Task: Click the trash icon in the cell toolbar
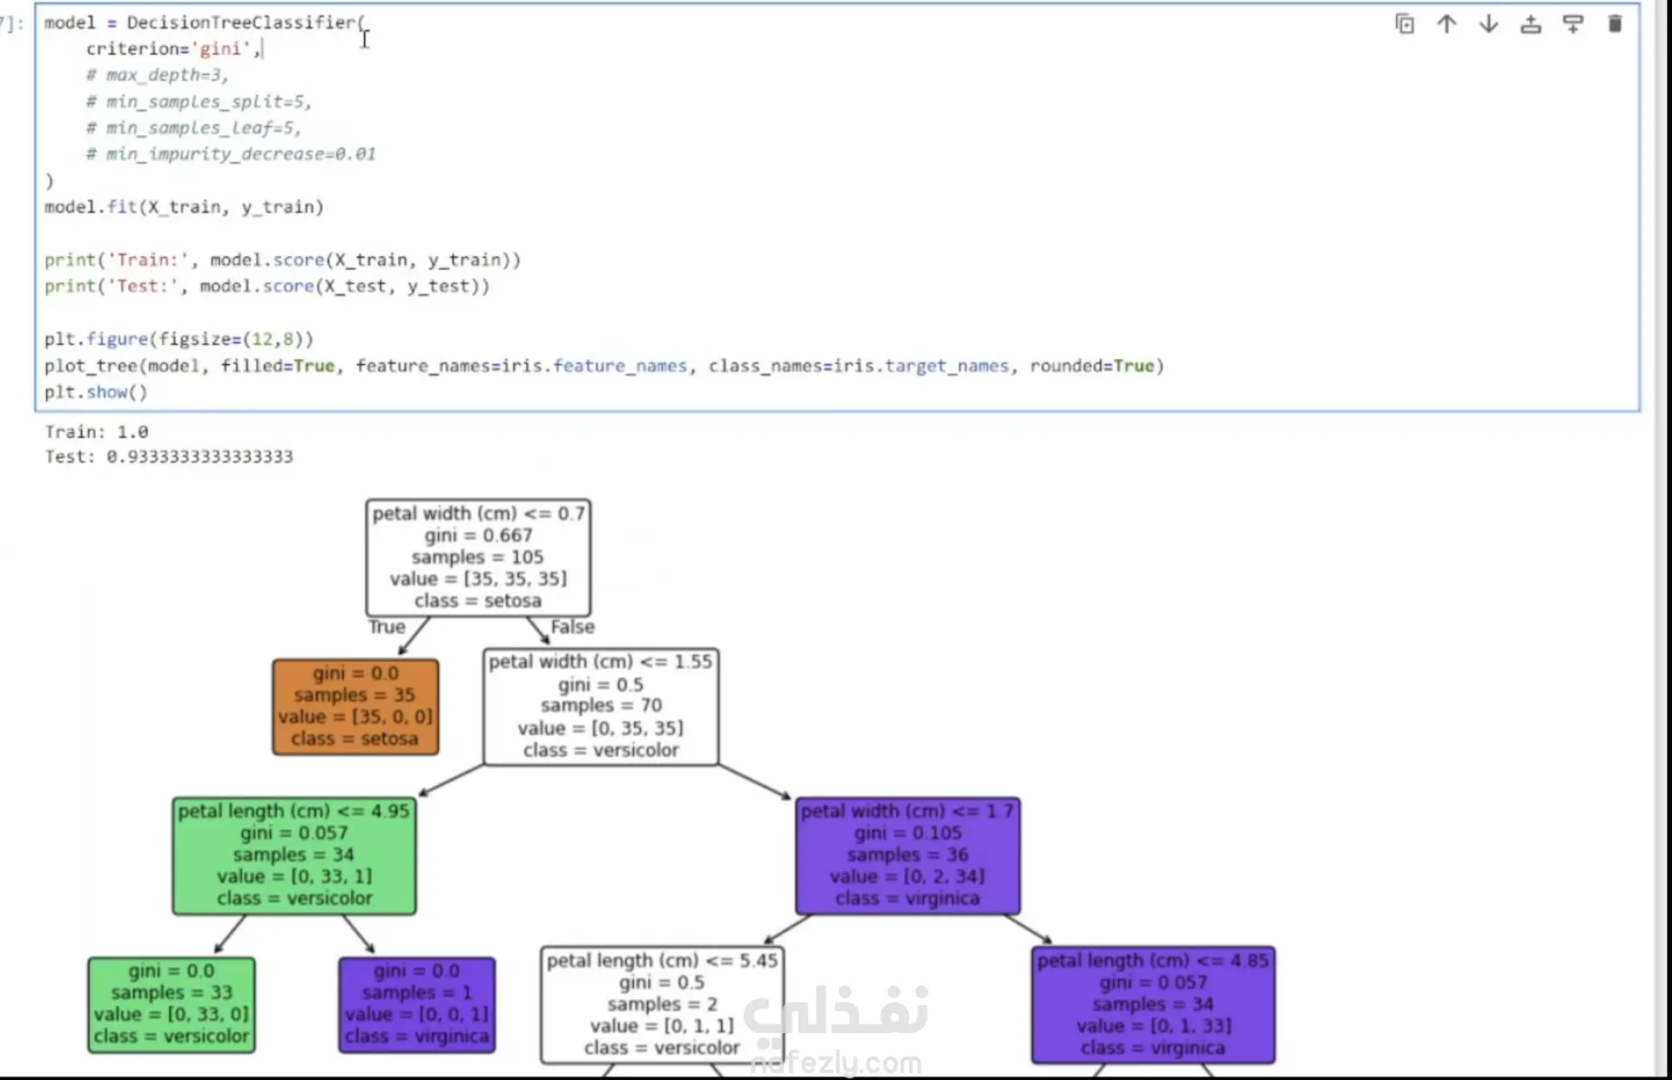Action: tap(1615, 24)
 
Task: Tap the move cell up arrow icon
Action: tap(1446, 24)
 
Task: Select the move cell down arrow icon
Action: tap(1488, 24)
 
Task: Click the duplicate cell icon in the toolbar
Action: tap(1405, 24)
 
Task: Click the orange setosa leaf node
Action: tap(355, 706)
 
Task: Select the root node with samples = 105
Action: tap(478, 557)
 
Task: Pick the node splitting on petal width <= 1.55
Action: tap(601, 706)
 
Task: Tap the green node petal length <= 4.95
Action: tap(294, 855)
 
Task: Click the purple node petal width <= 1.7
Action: tap(907, 855)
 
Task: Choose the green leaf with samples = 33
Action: tap(172, 1004)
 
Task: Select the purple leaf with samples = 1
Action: tap(417, 1004)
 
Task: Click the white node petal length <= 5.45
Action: tap(662, 1004)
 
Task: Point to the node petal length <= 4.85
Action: tap(1153, 1004)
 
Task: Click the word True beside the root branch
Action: tap(387, 627)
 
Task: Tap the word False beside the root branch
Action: tap(572, 627)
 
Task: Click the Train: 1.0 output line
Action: tap(97, 432)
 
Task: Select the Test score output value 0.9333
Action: tap(199, 457)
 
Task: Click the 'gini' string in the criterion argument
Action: tap(220, 49)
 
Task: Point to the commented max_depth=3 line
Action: tap(157, 75)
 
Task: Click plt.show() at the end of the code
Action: tap(96, 392)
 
